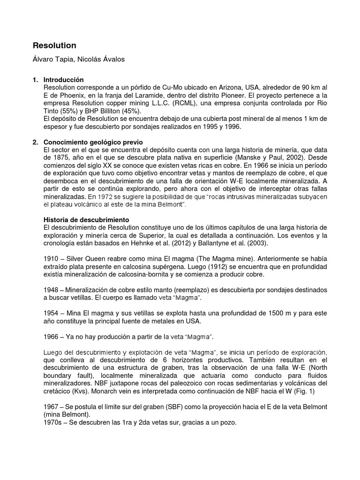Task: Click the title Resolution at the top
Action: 54,45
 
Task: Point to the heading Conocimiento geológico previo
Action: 92,142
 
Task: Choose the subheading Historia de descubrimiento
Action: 86,219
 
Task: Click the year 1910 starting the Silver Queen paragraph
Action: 51,258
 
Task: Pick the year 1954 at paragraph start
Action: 51,313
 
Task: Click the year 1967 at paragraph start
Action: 51,405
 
